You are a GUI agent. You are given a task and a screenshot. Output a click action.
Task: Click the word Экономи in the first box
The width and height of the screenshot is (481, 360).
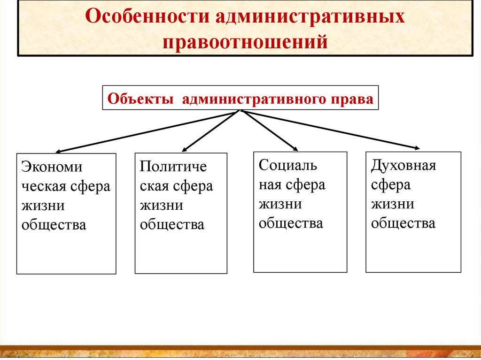click(52, 168)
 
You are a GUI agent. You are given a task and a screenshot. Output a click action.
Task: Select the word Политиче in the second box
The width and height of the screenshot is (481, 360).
click(173, 167)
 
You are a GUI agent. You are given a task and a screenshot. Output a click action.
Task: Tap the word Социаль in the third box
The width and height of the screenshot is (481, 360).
click(288, 165)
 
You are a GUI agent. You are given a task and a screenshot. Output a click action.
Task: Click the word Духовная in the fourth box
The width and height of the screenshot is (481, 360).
click(403, 166)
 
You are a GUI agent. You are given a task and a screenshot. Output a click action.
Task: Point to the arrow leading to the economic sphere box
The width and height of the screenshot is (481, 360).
click(146, 132)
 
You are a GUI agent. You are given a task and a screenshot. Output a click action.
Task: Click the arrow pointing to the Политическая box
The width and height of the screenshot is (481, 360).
click(209, 131)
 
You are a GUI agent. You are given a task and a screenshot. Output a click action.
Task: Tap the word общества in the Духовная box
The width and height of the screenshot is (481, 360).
click(403, 223)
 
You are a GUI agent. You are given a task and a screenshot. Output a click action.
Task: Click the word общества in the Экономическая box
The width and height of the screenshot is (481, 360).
click(54, 225)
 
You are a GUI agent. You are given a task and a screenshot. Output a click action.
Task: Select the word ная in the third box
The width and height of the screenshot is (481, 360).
click(269, 185)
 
